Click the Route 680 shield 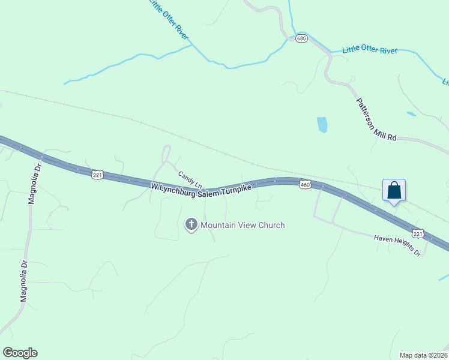(301, 37)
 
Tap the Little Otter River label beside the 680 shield (370, 50)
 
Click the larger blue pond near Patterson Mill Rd (322, 124)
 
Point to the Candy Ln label (190, 178)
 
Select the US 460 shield (304, 184)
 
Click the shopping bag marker (394, 190)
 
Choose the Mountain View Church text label (243, 225)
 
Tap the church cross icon (191, 225)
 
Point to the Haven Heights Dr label (398, 245)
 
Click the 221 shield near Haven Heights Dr (418, 233)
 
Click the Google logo (20, 353)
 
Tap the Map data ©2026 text (423, 355)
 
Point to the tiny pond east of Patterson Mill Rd (411, 113)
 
